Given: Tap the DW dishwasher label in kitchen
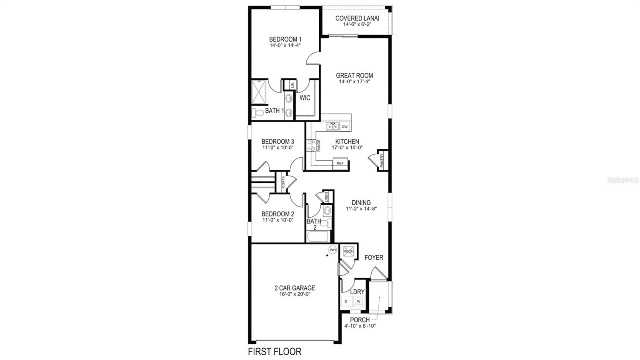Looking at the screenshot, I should click(345, 127).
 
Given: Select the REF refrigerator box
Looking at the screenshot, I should click(340, 163).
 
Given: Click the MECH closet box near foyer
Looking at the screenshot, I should click(348, 251).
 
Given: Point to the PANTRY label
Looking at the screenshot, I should click(382, 160).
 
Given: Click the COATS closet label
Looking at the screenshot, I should click(283, 182).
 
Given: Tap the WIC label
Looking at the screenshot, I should click(305, 98).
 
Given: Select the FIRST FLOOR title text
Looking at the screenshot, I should click(274, 352).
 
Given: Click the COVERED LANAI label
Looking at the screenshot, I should click(357, 18).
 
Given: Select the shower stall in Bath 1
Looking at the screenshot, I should click(260, 92).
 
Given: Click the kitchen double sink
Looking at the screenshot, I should click(332, 127).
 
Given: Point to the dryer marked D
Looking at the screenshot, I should click(346, 301).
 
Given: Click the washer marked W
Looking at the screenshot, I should click(358, 301).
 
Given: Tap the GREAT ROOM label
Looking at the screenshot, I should click(354, 75).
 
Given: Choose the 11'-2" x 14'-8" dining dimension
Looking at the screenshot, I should click(361, 208).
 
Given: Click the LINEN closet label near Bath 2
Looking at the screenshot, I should click(326, 197).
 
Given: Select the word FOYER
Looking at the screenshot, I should click(374, 258).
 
